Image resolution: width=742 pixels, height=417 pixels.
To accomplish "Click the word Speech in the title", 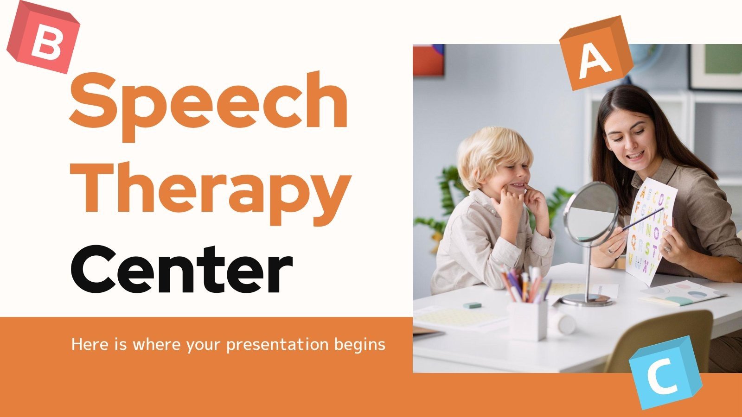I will click(x=209, y=102).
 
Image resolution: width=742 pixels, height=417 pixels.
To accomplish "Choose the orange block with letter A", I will click(x=596, y=53).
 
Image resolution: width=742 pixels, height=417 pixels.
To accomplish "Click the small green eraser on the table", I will click(x=472, y=306).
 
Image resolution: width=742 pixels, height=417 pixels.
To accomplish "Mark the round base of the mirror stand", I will click(x=587, y=300).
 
